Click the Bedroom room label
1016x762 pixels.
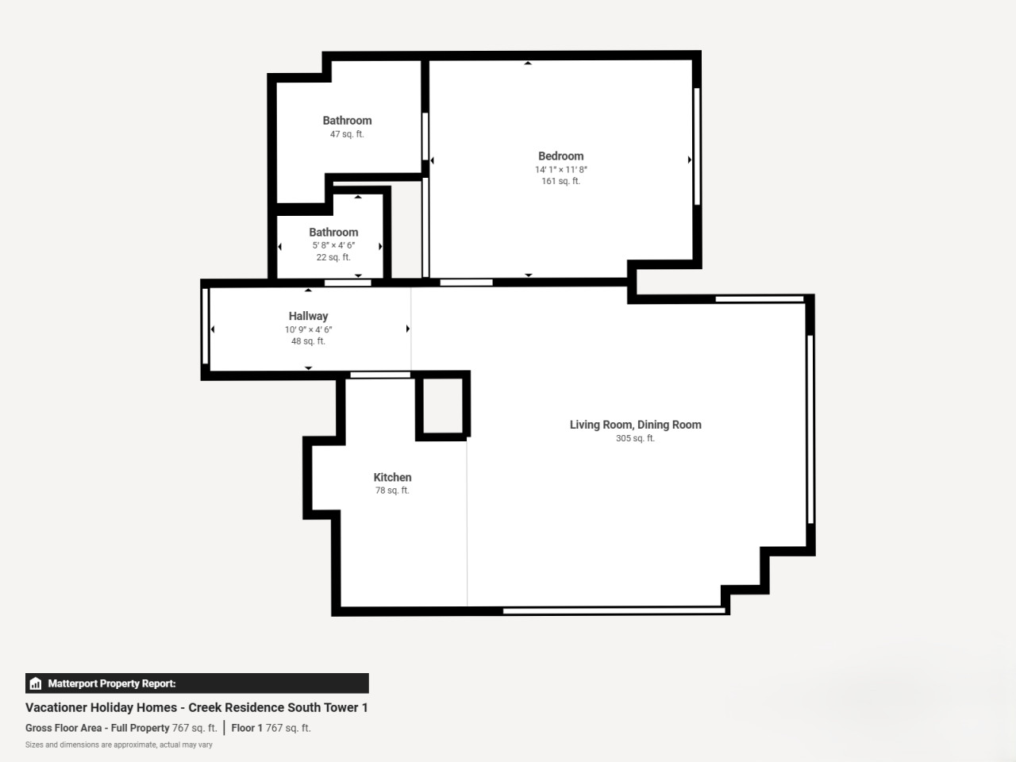[560, 156]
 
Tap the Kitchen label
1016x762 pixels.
[393, 477]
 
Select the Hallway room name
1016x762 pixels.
[308, 316]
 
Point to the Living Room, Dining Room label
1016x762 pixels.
[635, 425]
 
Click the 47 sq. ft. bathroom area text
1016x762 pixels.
[347, 134]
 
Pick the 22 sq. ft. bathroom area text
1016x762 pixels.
[333, 257]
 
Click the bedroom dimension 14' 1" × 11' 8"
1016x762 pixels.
[561, 169]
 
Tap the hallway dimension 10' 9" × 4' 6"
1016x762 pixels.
[308, 329]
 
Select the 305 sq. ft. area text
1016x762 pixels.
[635, 438]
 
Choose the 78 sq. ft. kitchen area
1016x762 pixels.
[392, 491]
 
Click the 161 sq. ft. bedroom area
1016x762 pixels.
[560, 181]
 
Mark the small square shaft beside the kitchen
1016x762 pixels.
[443, 406]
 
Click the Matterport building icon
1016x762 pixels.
[36, 683]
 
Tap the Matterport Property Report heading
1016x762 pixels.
[112, 683]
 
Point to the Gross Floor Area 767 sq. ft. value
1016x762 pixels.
[194, 728]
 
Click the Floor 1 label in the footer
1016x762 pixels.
[247, 728]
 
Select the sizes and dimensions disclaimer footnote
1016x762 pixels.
[119, 745]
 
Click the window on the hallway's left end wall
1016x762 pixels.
[205, 325]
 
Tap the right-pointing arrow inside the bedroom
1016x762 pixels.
[690, 160]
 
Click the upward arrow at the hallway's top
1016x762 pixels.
[308, 290]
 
